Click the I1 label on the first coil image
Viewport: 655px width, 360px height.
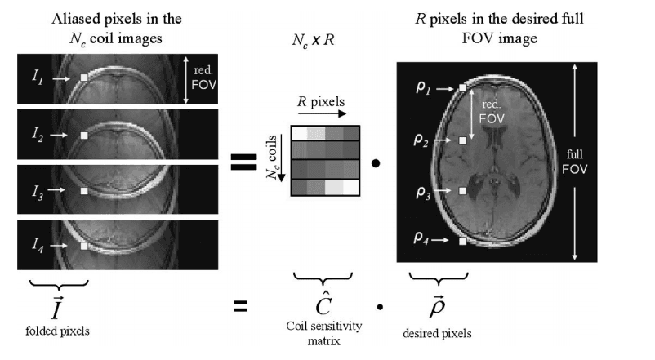(x=37, y=78)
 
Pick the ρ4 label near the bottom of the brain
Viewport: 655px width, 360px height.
(x=422, y=240)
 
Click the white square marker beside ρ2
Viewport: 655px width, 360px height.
(x=462, y=140)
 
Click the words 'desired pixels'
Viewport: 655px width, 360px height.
(x=436, y=333)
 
